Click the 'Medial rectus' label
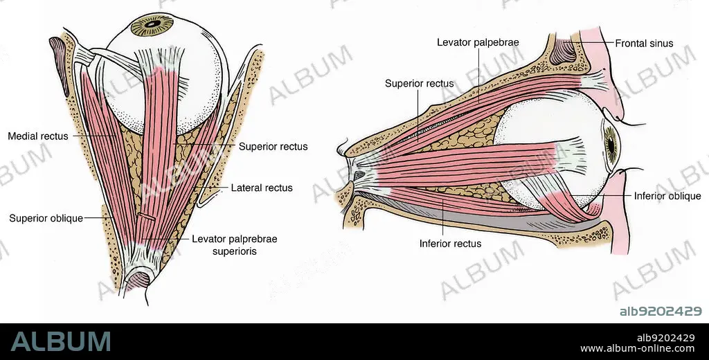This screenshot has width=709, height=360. [x=38, y=136]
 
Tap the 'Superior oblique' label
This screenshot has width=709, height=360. [x=46, y=218]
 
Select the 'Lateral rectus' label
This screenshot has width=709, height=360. [x=262, y=188]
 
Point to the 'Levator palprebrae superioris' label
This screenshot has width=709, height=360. [x=234, y=245]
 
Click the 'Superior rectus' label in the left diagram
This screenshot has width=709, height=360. [x=273, y=147]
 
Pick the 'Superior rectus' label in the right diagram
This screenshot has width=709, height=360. [x=420, y=84]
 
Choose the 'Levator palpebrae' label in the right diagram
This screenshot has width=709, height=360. [x=478, y=42]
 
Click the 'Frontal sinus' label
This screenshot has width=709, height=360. [x=644, y=43]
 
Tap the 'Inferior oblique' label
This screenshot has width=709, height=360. [x=667, y=196]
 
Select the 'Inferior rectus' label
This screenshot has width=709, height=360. [x=450, y=244]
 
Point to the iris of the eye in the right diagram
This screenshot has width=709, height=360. [x=611, y=144]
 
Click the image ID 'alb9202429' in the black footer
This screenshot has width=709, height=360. [x=665, y=337]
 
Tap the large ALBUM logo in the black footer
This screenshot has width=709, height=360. [x=61, y=341]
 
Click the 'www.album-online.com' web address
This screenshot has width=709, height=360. [x=638, y=348]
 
